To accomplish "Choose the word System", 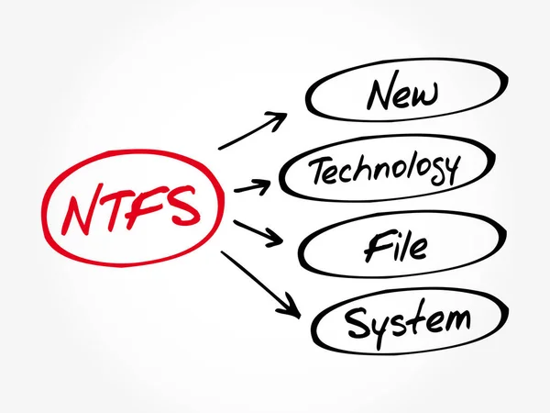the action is pos(408,321).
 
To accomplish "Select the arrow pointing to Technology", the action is pos(253,187).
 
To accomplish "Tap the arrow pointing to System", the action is pos(261,285).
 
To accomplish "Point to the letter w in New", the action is pos(427,95).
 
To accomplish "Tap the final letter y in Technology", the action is pos(449,171).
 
